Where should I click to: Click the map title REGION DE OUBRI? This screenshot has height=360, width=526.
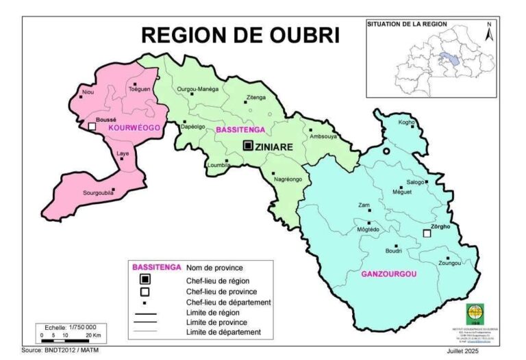tap(240, 35)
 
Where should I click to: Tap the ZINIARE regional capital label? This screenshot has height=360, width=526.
tap(275, 146)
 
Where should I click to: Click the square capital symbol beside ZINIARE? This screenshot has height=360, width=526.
tap(248, 145)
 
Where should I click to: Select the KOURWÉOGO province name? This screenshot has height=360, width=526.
tap(134, 128)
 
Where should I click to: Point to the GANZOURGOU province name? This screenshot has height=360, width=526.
tap(388, 274)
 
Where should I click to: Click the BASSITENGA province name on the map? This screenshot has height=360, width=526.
tap(239, 129)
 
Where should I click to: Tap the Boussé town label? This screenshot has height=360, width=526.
tap(105, 120)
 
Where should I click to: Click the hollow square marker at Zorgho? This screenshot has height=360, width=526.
tap(427, 234)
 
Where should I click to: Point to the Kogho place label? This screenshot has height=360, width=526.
tap(408, 123)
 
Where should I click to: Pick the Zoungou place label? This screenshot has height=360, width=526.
tap(449, 262)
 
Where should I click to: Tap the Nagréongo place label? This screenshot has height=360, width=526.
tap(288, 179)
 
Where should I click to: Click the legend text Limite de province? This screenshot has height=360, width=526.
tap(216, 322)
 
